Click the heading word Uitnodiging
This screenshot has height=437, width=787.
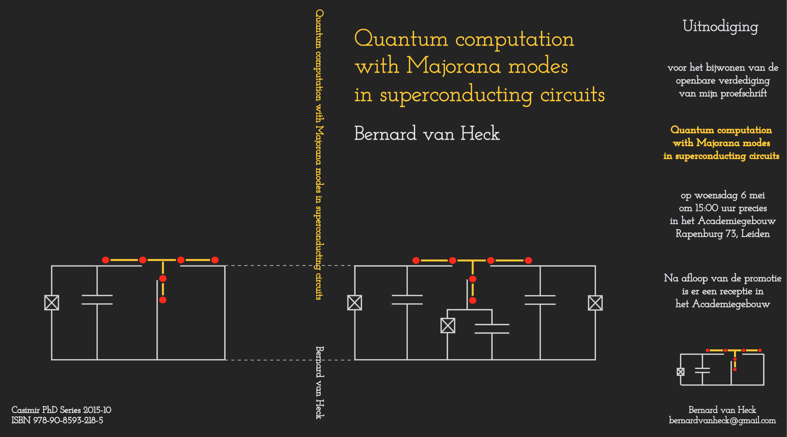(x=720, y=27)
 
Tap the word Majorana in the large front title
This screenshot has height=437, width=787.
(x=453, y=66)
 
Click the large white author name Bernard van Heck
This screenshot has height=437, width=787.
(x=427, y=134)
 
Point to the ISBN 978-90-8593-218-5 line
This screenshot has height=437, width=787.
(x=57, y=420)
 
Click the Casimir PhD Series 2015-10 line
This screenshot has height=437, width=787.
(x=61, y=410)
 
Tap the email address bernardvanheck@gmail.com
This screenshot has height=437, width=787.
(x=722, y=420)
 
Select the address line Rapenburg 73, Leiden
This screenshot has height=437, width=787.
(x=723, y=234)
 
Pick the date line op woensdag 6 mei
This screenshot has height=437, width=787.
(x=723, y=195)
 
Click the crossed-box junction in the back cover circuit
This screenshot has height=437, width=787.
(x=52, y=302)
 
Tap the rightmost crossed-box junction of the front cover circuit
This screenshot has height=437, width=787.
(x=595, y=303)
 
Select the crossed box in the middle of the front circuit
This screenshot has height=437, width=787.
(x=448, y=325)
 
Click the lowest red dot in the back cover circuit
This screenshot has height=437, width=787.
(x=163, y=300)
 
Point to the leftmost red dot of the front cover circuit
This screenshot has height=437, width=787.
(x=416, y=260)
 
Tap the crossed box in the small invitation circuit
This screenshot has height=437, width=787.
(x=680, y=372)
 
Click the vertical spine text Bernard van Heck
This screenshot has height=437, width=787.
(x=319, y=383)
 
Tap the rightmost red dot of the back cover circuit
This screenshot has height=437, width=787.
(x=215, y=260)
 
